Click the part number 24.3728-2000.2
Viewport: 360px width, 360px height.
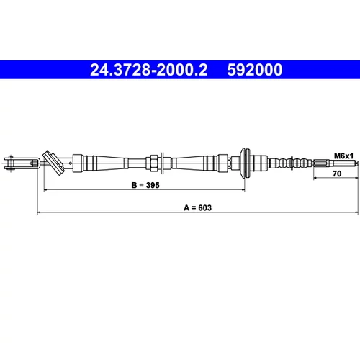pos(148,70)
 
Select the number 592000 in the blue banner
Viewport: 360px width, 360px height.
pos(255,70)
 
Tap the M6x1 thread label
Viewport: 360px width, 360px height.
pos(343,156)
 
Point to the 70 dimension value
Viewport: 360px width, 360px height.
pos(337,174)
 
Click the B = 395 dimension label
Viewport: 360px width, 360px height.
pos(145,185)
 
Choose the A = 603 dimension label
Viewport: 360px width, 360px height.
pos(197,207)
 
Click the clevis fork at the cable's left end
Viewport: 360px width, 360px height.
pos(21,163)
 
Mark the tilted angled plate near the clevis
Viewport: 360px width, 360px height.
pos(53,163)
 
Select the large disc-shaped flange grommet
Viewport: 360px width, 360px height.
pos(246,163)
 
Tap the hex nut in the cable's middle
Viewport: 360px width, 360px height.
pos(154,163)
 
